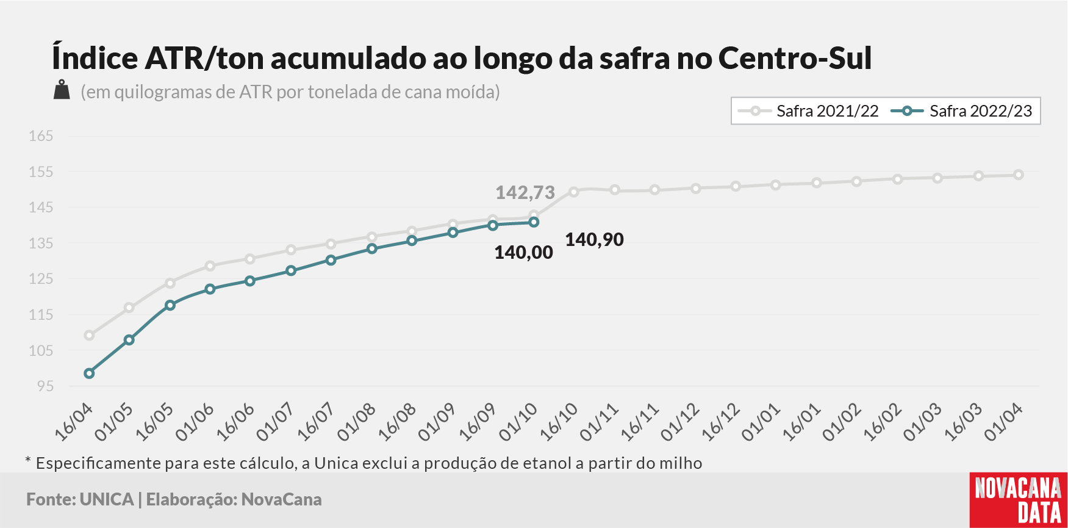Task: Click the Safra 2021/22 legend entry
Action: [808, 111]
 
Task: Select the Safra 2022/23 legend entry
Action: [961, 111]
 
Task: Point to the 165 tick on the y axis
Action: [41, 136]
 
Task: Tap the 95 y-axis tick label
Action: [45, 386]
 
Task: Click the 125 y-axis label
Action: [41, 278]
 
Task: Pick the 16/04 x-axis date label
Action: [74, 422]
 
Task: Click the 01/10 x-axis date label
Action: [518, 422]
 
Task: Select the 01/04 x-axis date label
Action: [1003, 422]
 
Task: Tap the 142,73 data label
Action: [525, 193]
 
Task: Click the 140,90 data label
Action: [595, 240]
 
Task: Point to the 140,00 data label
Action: [524, 253]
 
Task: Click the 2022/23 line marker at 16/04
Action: [89, 374]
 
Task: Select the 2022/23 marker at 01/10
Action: [534, 222]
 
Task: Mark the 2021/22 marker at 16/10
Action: [573, 192]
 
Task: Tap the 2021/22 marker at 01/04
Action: [1019, 175]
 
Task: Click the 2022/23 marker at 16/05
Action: [170, 305]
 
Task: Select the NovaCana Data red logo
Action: [1019, 500]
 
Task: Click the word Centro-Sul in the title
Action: [795, 59]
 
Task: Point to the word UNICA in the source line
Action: [107, 499]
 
